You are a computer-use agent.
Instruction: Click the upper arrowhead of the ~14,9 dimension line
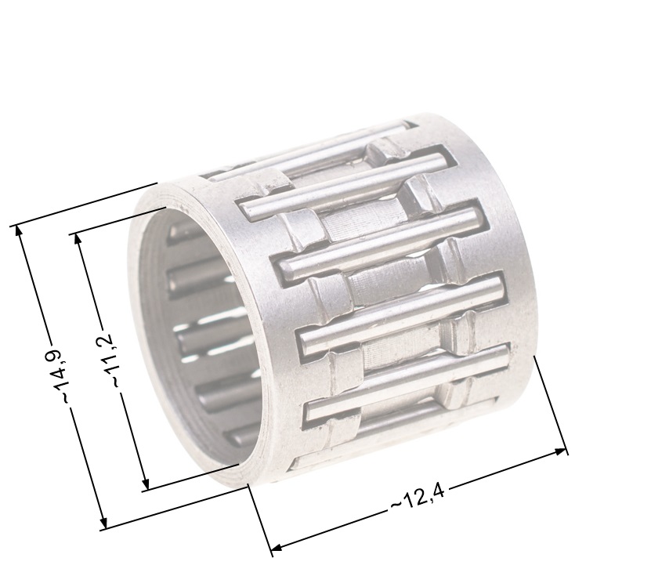[19, 230]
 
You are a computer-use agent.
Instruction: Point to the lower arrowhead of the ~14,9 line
[103, 524]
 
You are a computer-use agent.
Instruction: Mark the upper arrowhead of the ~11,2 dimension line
[78, 238]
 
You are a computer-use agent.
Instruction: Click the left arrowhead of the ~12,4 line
[277, 548]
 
